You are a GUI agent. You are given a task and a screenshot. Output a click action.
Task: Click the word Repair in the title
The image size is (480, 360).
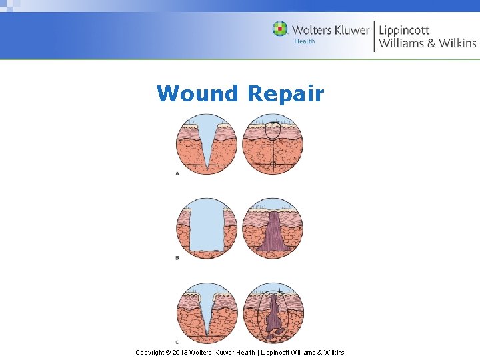(x=285, y=93)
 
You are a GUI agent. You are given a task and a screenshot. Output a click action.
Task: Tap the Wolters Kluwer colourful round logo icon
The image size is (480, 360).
(x=280, y=29)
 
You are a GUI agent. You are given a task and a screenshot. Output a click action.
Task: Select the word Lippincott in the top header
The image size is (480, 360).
(x=404, y=31)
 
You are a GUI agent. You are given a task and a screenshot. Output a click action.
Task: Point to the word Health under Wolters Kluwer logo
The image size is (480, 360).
(x=305, y=42)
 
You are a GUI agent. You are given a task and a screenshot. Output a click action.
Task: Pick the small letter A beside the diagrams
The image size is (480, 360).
(x=177, y=173)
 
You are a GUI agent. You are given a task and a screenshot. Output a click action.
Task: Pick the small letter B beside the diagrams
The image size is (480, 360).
(x=177, y=257)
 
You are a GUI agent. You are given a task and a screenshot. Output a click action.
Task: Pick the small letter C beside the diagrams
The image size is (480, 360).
(x=177, y=342)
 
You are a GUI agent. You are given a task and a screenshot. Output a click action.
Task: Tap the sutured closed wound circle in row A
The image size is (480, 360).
(x=273, y=145)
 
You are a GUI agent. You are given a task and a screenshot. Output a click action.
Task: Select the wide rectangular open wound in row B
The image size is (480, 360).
(x=207, y=227)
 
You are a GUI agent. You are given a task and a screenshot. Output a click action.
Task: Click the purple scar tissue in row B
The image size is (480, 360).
(x=273, y=233)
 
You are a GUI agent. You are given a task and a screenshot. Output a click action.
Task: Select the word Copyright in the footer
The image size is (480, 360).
(x=150, y=352)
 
